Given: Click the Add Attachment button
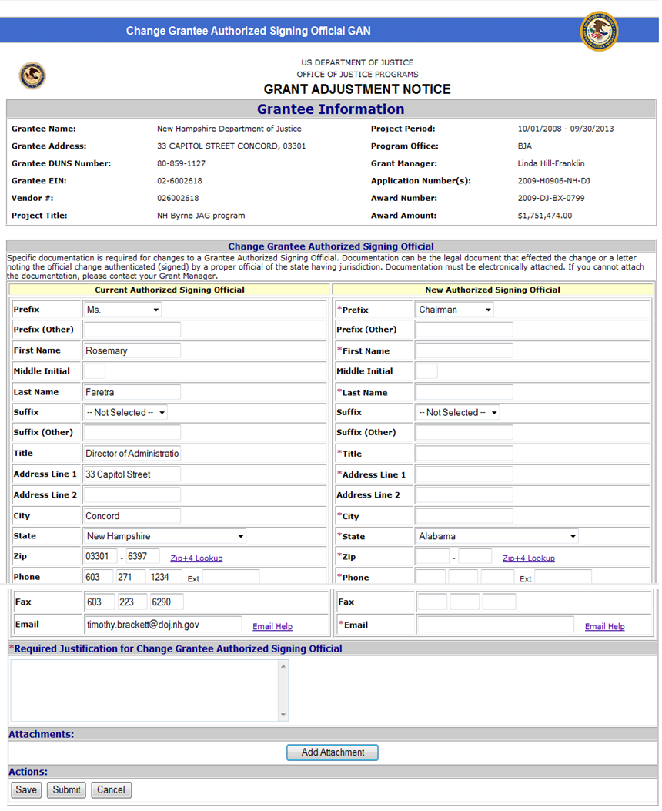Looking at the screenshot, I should (332, 752).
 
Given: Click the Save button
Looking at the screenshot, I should (26, 789).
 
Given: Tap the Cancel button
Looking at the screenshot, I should (111, 789).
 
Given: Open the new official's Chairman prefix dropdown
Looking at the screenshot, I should (454, 310).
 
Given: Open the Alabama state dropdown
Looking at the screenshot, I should (496, 536).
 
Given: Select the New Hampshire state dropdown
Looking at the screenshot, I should (165, 536).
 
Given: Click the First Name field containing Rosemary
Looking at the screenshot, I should (132, 350).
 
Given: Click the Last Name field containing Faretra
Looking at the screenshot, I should (132, 392).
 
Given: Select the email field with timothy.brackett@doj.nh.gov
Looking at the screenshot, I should (162, 625).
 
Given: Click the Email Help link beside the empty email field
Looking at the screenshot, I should (604, 627).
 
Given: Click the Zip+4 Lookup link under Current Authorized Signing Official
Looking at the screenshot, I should (196, 558).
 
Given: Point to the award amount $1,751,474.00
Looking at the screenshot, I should (545, 216).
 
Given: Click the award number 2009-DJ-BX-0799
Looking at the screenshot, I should (551, 198).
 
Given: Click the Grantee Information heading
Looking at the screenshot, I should (330, 109).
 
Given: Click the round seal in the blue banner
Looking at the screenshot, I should (598, 31).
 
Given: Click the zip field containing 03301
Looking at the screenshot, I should (100, 556).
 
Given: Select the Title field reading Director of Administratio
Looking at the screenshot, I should (132, 454).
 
